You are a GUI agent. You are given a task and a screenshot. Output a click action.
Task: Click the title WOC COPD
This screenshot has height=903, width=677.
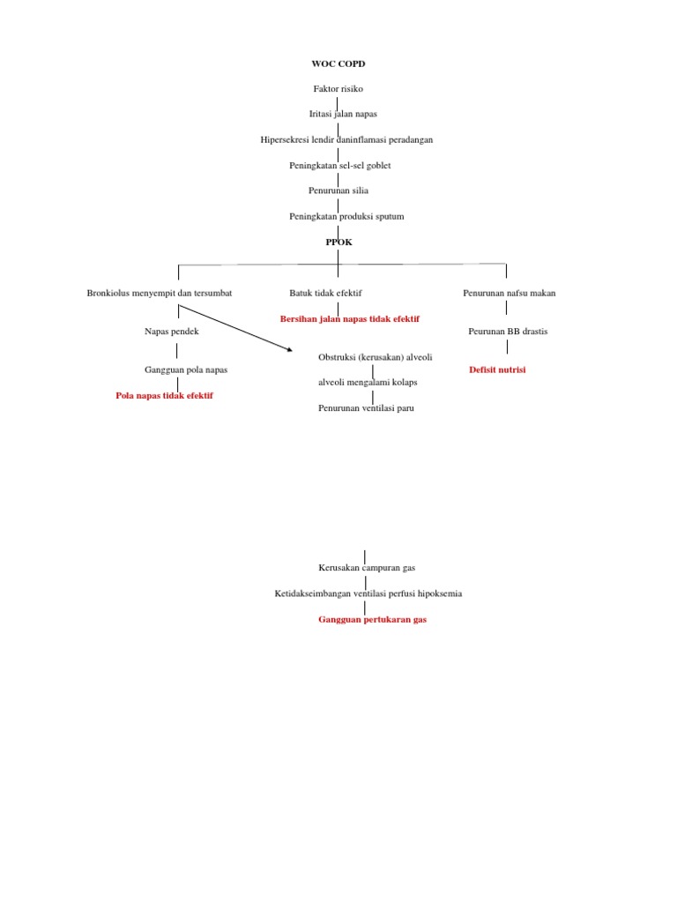[x=338, y=64]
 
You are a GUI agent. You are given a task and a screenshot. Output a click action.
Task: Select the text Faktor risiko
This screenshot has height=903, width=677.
[x=338, y=89]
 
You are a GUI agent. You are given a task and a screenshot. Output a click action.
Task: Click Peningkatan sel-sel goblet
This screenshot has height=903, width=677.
[x=339, y=165]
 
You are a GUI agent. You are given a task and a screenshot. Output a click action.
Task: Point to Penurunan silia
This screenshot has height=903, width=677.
[x=338, y=190]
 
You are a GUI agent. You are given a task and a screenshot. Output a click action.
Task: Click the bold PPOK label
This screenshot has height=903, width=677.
[x=338, y=242]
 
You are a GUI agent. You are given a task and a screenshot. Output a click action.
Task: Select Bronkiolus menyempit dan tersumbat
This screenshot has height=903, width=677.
[x=160, y=293]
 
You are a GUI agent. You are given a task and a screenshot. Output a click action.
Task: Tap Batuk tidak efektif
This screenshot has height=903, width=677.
[x=325, y=293]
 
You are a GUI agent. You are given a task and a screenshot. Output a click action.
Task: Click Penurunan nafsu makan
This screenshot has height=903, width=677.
[x=510, y=293]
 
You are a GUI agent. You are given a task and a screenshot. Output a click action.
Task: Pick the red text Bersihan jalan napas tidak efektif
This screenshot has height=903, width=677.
[x=350, y=318]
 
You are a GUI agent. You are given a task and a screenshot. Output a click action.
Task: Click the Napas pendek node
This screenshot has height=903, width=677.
[x=172, y=332]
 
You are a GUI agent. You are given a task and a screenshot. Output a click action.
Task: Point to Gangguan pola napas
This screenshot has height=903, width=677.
[x=186, y=369]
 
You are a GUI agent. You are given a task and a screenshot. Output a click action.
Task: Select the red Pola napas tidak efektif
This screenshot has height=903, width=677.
[x=164, y=396]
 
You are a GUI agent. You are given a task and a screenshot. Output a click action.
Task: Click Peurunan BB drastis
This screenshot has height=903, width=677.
[x=508, y=332]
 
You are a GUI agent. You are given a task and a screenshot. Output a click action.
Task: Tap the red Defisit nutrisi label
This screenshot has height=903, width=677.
[x=497, y=369]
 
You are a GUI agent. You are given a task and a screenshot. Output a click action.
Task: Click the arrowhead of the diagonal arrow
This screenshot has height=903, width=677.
[x=289, y=350]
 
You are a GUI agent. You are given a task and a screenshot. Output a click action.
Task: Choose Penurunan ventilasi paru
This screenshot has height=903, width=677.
[x=366, y=408]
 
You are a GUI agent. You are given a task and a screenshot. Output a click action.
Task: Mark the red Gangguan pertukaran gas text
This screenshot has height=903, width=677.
[x=372, y=620]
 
